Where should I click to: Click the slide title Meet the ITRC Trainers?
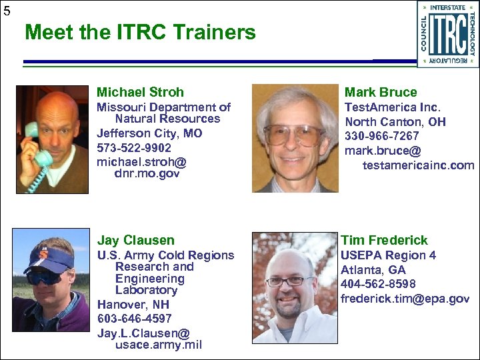pyautogui.click(x=140, y=32)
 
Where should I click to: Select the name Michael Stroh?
pyautogui.click(x=140, y=92)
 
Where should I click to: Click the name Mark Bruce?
pyautogui.click(x=381, y=92)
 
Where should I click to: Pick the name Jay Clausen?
pyautogui.click(x=136, y=240)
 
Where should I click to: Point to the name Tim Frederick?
pyautogui.click(x=385, y=240)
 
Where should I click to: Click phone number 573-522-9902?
pyautogui.click(x=134, y=148)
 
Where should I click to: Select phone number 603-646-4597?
pyautogui.click(x=134, y=319)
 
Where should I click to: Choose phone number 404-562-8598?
pyautogui.click(x=378, y=285)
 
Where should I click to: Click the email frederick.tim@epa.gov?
pyautogui.click(x=405, y=299)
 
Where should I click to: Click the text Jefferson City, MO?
pyautogui.click(x=149, y=133)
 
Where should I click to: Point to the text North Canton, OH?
pyautogui.click(x=395, y=122)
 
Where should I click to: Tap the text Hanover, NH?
pyautogui.click(x=133, y=305)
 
